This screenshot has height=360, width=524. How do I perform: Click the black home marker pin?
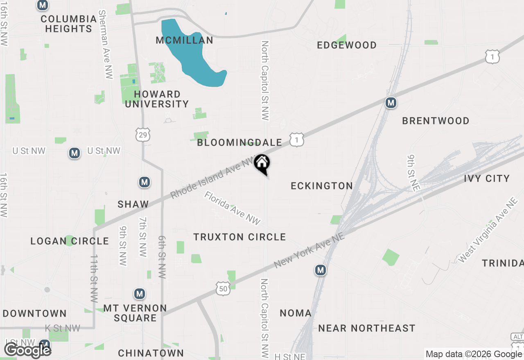(x=262, y=164)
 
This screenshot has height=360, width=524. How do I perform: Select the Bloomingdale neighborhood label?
(x=239, y=142)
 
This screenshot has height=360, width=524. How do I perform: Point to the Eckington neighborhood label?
(x=322, y=186)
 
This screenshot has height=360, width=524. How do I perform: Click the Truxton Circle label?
(x=239, y=237)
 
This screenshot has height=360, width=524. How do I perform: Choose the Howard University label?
(x=157, y=99)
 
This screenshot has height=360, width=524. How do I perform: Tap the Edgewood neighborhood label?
(x=347, y=45)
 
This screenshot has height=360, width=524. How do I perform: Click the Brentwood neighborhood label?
(x=436, y=121)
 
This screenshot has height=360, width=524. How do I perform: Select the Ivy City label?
(x=486, y=179)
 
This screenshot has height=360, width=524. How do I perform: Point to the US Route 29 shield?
(x=143, y=134)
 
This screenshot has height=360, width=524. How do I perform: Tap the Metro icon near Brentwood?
(x=391, y=103)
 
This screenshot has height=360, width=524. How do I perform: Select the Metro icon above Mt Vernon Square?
(x=140, y=294)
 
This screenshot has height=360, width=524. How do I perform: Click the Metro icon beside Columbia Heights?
(x=43, y=5)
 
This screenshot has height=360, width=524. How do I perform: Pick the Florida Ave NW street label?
(x=232, y=208)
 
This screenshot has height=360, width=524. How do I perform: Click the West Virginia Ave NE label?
(x=488, y=230)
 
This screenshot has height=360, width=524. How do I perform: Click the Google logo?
(x=27, y=350)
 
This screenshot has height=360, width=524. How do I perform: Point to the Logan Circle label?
(x=70, y=241)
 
